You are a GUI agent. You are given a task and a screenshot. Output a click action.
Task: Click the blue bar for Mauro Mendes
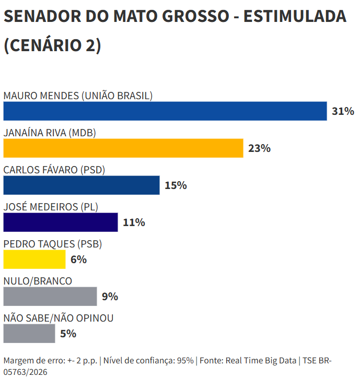[x=165, y=111]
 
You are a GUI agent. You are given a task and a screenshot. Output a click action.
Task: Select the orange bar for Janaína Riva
[x=123, y=148]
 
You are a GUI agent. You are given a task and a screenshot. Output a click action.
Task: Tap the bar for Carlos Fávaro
[x=82, y=185]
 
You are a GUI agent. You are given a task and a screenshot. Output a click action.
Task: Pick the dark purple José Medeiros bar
[x=61, y=222]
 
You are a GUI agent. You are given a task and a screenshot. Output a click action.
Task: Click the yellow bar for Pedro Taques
[x=34, y=259]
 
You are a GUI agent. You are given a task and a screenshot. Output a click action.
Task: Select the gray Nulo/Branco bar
[x=50, y=297]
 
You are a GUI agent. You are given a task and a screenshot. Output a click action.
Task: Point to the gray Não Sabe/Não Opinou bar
[x=29, y=334]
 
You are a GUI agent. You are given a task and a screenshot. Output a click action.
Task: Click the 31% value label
[x=343, y=111]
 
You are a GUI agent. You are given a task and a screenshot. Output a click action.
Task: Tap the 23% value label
[x=260, y=148]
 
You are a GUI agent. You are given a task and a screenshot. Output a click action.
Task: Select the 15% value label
[x=176, y=185]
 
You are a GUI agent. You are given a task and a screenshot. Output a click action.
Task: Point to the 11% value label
[x=134, y=222]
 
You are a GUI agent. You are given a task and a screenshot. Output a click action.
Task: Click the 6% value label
[x=79, y=259]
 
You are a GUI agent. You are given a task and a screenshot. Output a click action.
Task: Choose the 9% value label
[x=110, y=297]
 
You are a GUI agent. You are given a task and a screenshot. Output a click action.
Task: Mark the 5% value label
[x=68, y=334]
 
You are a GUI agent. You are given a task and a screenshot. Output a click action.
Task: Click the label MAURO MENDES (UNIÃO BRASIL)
[x=78, y=96]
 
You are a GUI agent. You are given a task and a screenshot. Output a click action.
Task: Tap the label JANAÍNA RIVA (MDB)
[x=50, y=133]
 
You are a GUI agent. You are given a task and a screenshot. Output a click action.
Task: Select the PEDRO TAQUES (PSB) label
[x=53, y=244]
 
